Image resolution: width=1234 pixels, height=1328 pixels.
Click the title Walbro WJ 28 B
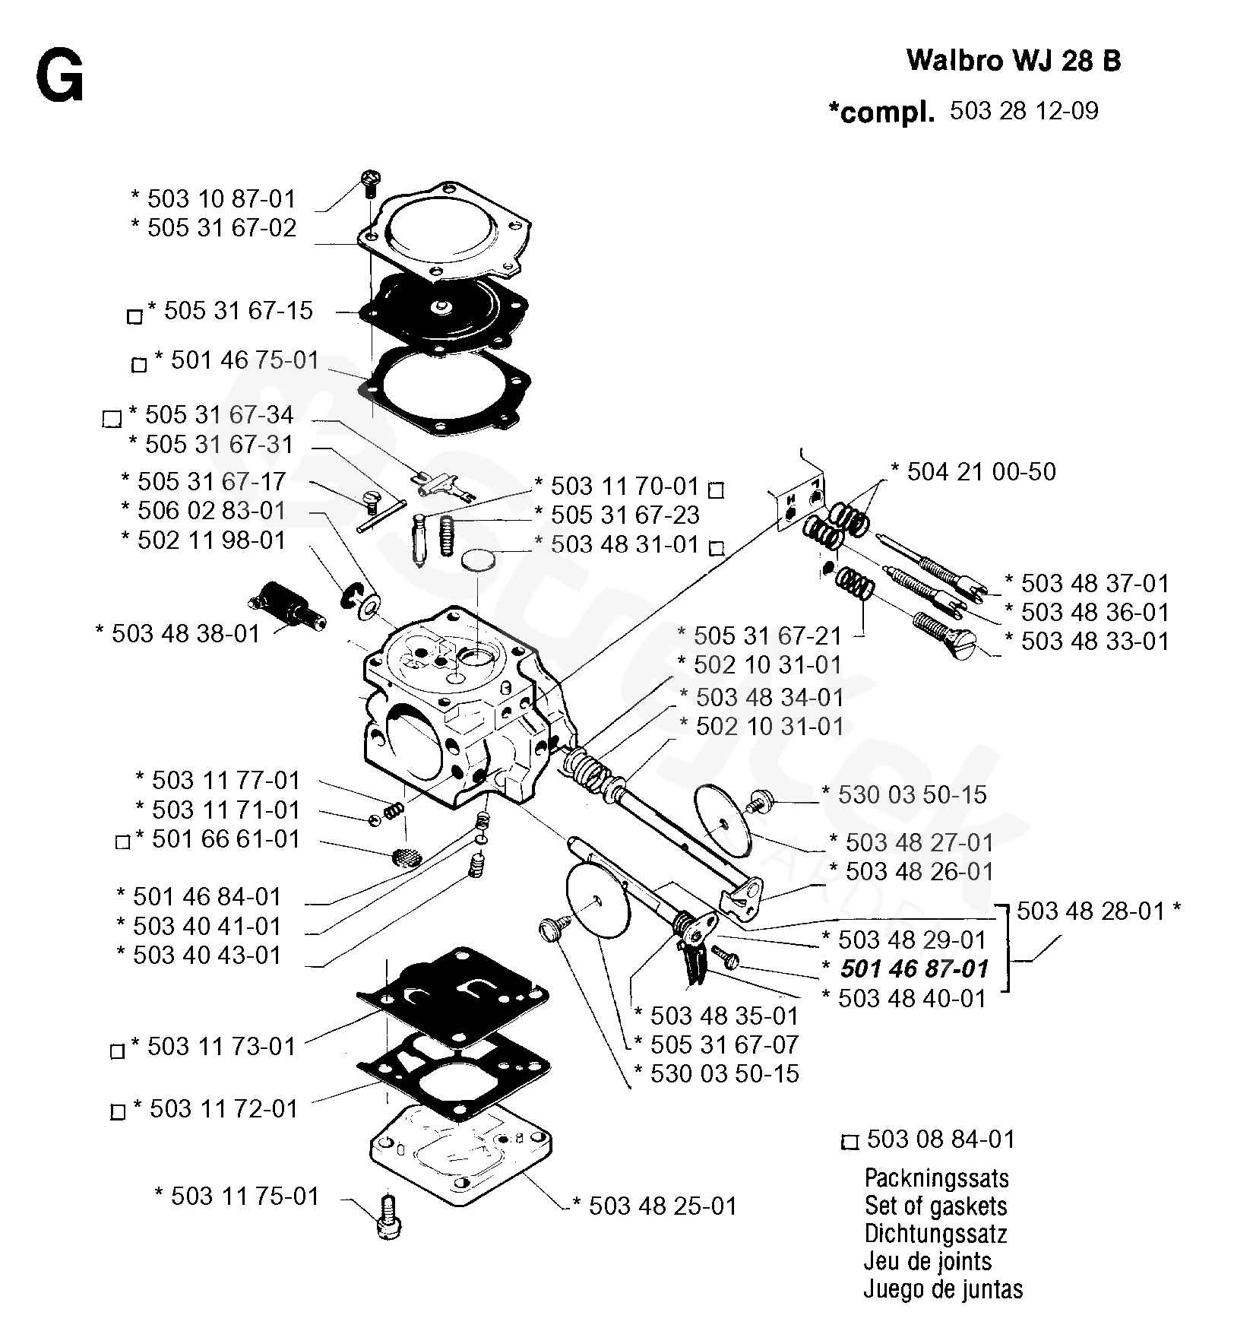1014,61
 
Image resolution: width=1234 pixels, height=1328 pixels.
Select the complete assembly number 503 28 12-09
1024,111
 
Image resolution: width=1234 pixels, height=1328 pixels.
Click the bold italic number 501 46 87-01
914,969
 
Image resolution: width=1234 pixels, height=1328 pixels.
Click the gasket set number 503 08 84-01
941,1139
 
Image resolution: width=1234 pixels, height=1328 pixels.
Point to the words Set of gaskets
935,1206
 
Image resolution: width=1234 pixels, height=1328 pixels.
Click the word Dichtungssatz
935,1234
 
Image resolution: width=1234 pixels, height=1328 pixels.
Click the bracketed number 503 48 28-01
1090,911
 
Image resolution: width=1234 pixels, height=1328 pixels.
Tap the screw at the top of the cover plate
369,182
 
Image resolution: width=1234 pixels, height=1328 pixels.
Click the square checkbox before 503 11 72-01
118,1112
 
